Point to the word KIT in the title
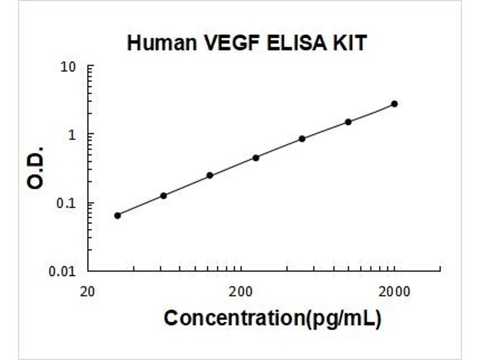tap(349, 43)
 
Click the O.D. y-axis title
tap(36, 167)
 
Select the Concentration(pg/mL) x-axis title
tap(272, 318)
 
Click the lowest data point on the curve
tap(118, 215)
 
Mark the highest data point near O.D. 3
tap(394, 104)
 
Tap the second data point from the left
tap(163, 196)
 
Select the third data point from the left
tap(209, 175)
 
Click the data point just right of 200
tap(256, 158)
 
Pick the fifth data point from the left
tap(302, 139)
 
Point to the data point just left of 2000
tap(348, 122)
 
